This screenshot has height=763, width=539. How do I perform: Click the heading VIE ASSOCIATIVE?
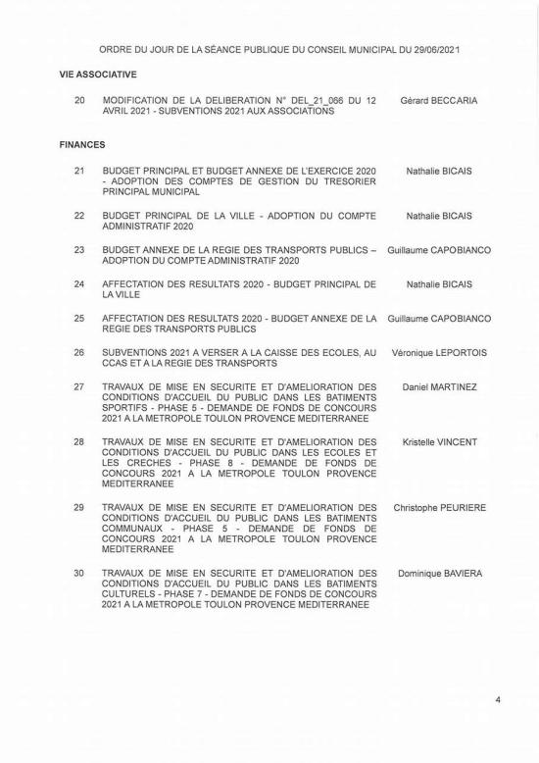click(x=97, y=74)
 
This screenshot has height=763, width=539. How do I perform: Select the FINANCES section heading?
click(x=82, y=144)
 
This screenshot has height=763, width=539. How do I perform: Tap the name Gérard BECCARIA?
click(x=439, y=100)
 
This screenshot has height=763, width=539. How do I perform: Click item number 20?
click(x=79, y=100)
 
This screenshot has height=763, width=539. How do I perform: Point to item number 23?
click(x=79, y=250)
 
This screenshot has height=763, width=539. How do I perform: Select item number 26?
click(x=79, y=352)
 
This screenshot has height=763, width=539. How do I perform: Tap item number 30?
click(x=79, y=573)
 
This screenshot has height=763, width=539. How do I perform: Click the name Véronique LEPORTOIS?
click(x=439, y=352)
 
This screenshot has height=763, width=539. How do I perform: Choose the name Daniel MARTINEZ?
click(x=439, y=387)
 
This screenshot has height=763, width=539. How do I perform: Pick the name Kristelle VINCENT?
click(x=439, y=442)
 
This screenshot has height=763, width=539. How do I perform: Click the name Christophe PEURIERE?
click(x=439, y=508)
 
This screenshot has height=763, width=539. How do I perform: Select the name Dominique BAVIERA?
click(x=439, y=573)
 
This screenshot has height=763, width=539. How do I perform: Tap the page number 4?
click(x=498, y=700)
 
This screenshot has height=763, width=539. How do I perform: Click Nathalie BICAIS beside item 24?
click(x=439, y=284)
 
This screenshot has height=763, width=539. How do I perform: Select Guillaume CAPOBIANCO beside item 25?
click(x=439, y=319)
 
